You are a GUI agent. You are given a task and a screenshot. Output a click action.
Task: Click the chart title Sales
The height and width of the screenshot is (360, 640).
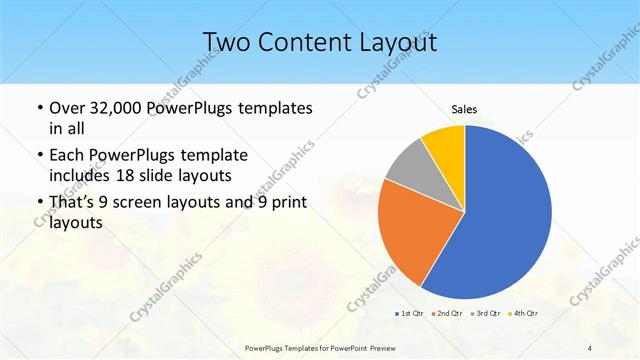465,108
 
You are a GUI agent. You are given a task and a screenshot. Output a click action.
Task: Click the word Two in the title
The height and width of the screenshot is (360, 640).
228,42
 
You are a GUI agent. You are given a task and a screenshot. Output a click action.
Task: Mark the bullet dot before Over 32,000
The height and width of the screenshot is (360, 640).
38,108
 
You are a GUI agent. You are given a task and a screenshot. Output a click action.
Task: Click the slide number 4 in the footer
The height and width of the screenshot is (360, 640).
590,347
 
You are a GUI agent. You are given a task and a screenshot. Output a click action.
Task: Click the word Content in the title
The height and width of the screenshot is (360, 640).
303,42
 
